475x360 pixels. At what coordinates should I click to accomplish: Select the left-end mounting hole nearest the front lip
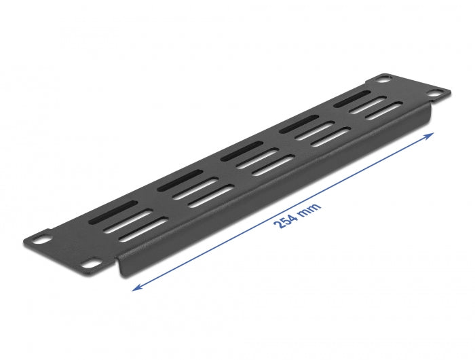90,259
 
